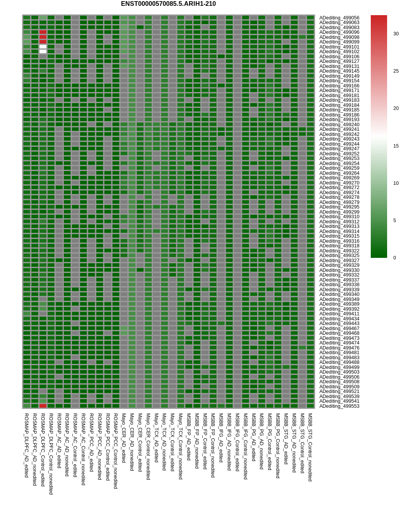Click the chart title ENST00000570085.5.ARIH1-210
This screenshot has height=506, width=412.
[x=168, y=4]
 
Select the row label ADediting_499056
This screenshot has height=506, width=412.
[x=339, y=18]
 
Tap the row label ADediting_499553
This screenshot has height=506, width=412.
[x=339, y=406]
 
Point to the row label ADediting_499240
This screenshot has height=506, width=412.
[x=339, y=125]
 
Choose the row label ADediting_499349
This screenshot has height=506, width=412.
[x=339, y=299]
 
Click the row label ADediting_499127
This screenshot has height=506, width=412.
[x=339, y=61]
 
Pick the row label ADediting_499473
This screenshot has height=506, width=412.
[x=339, y=338]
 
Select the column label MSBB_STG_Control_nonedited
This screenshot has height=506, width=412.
[x=310, y=447]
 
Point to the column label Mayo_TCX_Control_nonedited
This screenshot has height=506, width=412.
[x=181, y=446]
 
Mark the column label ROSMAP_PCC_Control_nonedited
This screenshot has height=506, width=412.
[x=116, y=451]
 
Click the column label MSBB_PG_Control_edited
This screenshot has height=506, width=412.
[x=270, y=442]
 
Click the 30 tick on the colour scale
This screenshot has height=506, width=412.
[x=396, y=34]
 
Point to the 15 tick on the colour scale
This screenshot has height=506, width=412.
[x=396, y=146]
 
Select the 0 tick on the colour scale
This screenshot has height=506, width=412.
[x=394, y=258]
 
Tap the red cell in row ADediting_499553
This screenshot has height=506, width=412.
[x=43, y=406]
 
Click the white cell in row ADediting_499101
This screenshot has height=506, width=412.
[x=43, y=47]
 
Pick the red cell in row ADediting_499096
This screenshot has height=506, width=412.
[x=43, y=32]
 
